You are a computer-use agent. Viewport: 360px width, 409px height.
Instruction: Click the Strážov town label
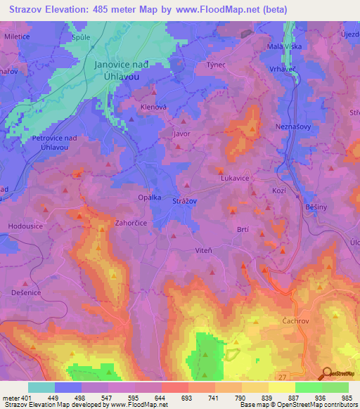point(185,202)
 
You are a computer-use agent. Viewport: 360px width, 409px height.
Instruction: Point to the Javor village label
point(182,132)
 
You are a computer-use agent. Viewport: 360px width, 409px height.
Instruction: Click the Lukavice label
point(235,178)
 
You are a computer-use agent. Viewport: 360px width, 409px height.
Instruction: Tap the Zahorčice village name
point(130,221)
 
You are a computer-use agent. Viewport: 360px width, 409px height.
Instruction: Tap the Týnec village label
point(214,64)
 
